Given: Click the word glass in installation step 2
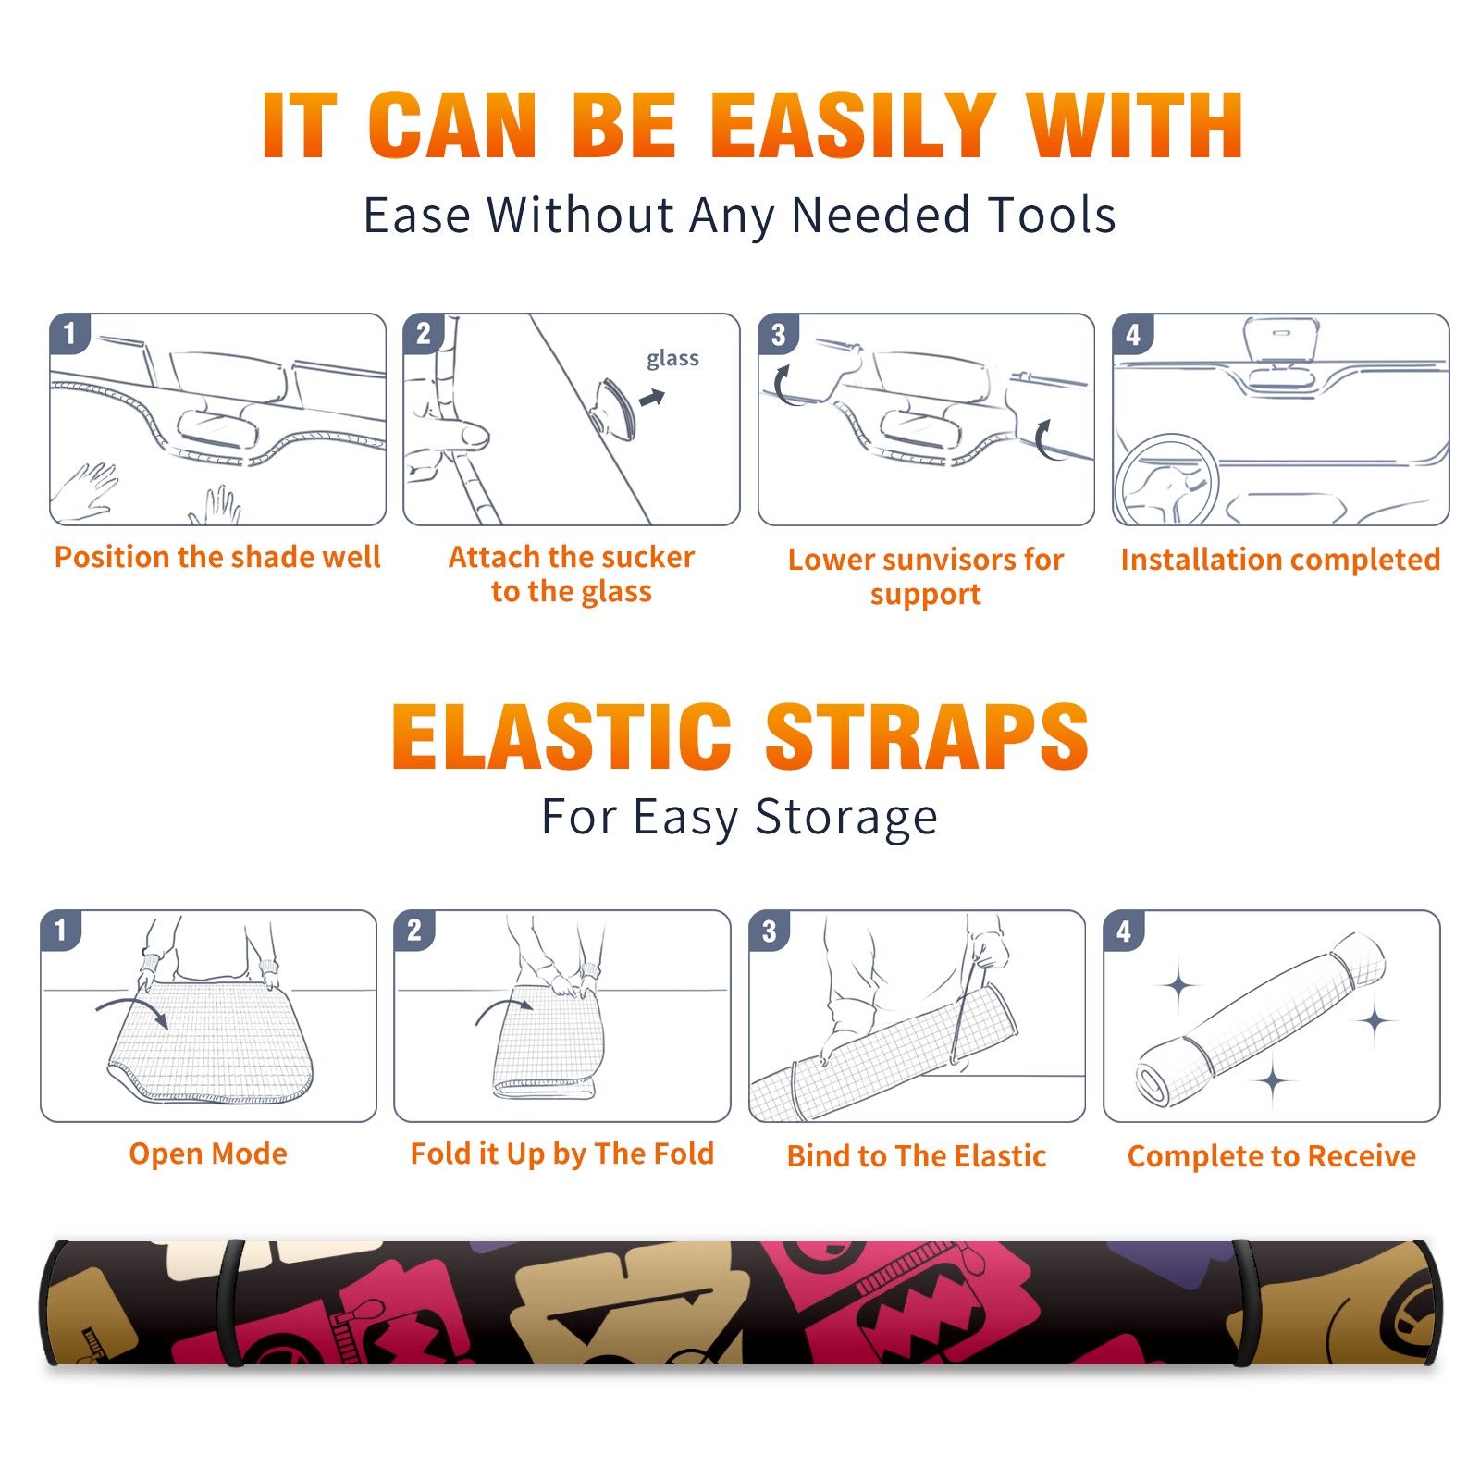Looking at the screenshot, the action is point(672,359).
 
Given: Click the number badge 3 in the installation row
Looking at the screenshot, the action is point(778,334).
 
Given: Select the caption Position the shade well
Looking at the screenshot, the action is point(217,557).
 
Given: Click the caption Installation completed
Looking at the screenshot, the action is point(1280,560).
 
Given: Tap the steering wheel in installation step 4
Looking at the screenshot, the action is point(1166,481).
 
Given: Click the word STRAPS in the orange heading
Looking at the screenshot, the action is point(927,736).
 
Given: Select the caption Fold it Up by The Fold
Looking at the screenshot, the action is point(562,1153).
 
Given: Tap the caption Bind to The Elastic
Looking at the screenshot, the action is point(917,1156).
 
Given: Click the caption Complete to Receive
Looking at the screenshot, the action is point(1272,1156).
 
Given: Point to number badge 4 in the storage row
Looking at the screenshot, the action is point(1124,931).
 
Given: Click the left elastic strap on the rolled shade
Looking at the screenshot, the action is point(231,1302).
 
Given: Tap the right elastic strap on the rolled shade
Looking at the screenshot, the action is point(1244,1302).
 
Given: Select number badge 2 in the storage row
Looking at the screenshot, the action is point(414,931).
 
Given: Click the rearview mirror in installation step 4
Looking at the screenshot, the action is point(1281,339).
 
